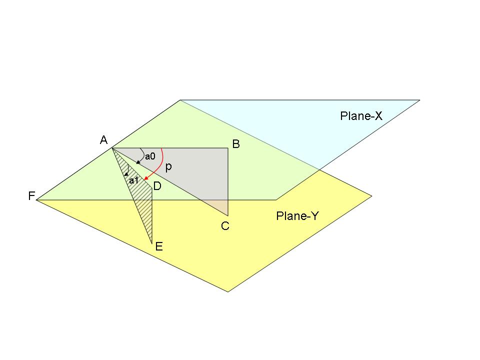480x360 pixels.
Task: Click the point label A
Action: [x=104, y=140]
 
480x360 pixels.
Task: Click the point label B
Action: [x=236, y=144]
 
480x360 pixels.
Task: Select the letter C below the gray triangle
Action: [x=225, y=226]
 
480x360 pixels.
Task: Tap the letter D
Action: [x=157, y=186]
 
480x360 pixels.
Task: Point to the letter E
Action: [x=159, y=246]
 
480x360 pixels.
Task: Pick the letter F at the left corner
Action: [x=31, y=196]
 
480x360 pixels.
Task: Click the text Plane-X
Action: [x=361, y=116]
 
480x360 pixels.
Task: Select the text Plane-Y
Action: [x=297, y=216]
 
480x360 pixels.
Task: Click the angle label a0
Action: [x=150, y=156]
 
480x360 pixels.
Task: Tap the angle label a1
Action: [x=133, y=180]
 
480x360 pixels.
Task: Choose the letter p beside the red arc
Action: [x=168, y=167]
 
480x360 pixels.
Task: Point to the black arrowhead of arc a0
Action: [x=137, y=162]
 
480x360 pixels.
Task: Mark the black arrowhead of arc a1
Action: [x=126, y=174]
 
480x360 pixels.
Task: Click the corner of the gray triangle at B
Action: [x=228, y=148]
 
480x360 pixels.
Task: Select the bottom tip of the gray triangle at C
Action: [x=228, y=215]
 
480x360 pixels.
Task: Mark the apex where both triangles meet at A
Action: [x=112, y=148]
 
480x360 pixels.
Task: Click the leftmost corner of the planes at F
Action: [x=37, y=199]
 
